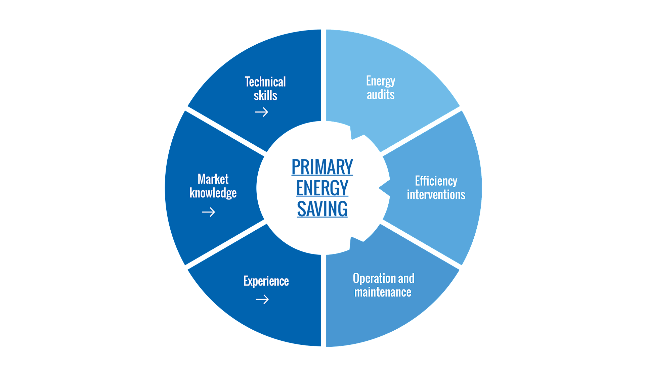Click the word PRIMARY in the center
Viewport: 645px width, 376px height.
[x=322, y=167]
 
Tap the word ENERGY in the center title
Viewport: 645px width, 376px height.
[x=322, y=188]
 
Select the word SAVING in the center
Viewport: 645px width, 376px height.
[x=322, y=209]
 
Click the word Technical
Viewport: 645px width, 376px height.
[x=265, y=82]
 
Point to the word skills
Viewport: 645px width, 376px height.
[x=265, y=96]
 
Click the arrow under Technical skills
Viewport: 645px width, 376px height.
[x=261, y=112]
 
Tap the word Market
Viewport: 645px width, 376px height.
[x=213, y=179]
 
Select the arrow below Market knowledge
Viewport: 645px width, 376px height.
[x=208, y=212]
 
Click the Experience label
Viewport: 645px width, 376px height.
[x=266, y=281]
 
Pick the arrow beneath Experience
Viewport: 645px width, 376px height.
[x=262, y=299]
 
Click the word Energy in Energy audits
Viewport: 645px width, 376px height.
[x=381, y=81]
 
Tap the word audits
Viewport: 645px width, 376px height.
[x=381, y=95]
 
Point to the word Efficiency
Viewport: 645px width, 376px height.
[x=436, y=181]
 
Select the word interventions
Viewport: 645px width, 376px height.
[x=436, y=195]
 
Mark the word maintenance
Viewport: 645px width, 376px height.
[x=383, y=292]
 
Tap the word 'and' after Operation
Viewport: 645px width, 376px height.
[x=406, y=278]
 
